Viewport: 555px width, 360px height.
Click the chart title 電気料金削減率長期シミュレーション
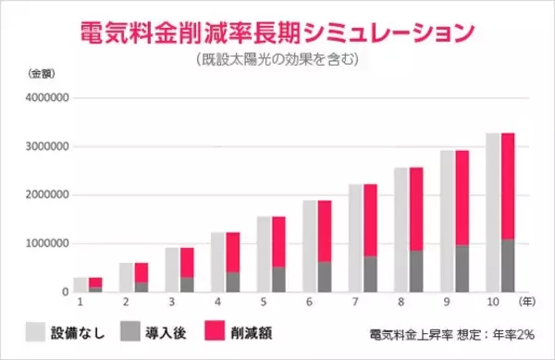[277, 30]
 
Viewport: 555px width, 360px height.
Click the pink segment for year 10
[508, 186]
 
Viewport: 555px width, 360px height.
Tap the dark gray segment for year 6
[325, 277]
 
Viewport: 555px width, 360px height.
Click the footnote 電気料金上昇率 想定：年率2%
[448, 332]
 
